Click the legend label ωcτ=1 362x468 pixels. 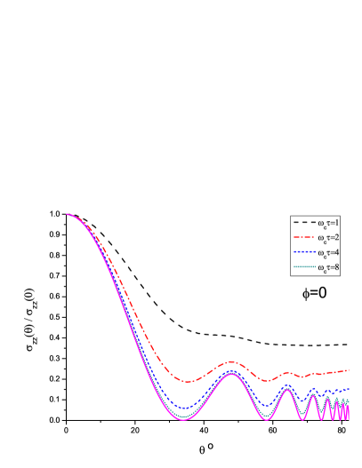click(328, 222)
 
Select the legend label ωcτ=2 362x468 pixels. click(328, 237)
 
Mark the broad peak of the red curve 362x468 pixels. click(232, 361)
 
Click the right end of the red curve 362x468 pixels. click(349, 369)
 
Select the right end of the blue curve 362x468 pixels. click(349, 389)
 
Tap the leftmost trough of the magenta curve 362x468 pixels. click(185, 418)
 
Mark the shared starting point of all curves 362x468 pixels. click(67, 214)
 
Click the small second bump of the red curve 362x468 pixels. click(287, 372)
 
